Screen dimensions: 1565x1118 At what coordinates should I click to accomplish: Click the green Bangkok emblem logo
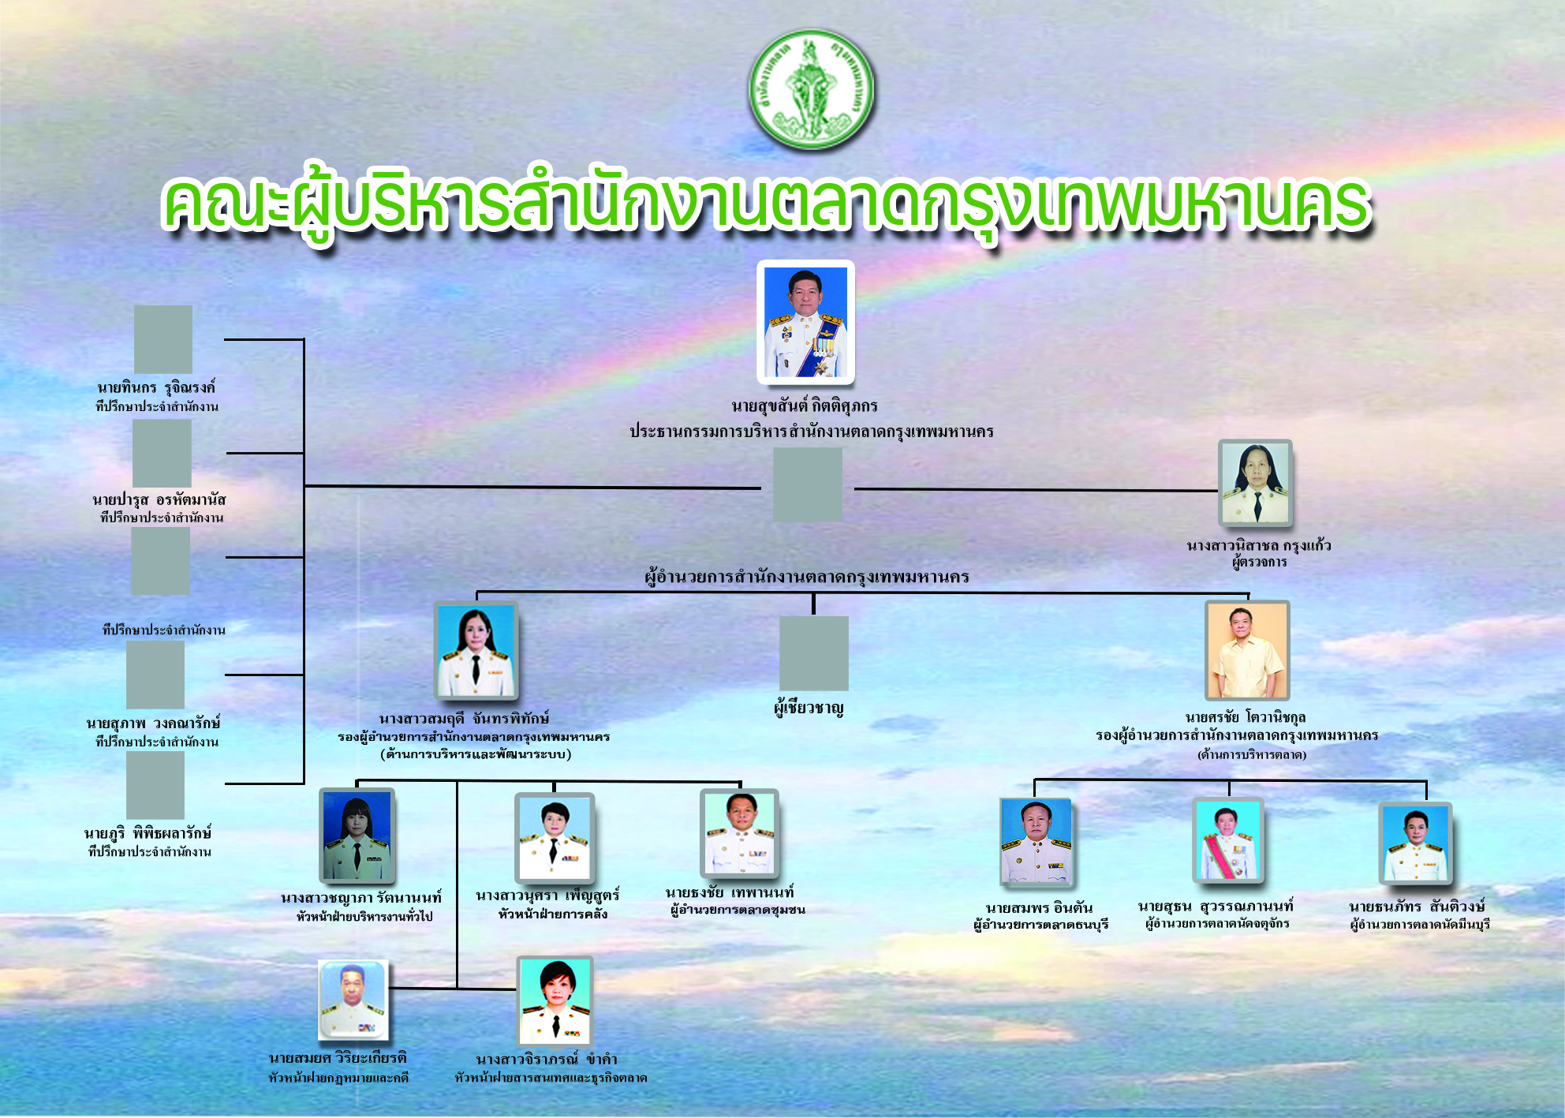pos(811,89)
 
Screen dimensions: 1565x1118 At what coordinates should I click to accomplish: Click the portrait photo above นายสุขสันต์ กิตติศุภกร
pos(805,322)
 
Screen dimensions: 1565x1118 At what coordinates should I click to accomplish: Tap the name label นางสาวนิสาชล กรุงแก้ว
pos(1258,545)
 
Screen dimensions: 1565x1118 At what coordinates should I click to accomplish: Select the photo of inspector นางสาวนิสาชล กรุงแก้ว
pos(1255,483)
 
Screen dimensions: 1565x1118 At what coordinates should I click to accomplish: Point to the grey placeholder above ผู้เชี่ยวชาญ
pos(813,653)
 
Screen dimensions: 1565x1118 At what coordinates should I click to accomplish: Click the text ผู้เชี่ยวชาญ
pos(809,708)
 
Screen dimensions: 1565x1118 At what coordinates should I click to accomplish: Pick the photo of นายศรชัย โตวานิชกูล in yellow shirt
pos(1247,650)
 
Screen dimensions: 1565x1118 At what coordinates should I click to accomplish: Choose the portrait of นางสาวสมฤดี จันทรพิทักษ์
pos(476,651)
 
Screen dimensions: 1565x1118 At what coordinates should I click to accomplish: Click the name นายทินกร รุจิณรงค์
pos(156,387)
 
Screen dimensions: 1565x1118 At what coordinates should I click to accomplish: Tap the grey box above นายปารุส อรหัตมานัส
pos(162,453)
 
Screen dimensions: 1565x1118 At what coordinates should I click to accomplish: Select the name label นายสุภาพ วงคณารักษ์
pos(153,723)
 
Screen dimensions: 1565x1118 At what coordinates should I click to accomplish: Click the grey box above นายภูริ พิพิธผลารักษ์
pos(155,785)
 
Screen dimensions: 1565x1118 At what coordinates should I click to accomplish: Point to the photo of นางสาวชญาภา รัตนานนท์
pos(357,836)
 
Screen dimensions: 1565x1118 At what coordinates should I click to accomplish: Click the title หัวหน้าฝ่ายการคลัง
pos(552,914)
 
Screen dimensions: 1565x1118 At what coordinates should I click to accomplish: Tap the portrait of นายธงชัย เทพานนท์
pos(739,834)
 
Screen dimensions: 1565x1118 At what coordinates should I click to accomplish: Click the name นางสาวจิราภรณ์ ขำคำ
pos(547,1059)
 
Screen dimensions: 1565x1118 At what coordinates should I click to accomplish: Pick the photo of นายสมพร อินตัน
pos(1036,842)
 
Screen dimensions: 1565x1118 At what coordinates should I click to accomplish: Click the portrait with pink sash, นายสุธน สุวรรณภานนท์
pos(1228,840)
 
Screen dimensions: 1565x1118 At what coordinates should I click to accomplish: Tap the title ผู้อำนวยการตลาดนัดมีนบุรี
pos(1420,924)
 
